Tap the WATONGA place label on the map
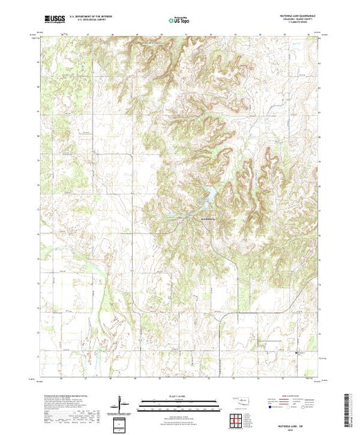[209, 218]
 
